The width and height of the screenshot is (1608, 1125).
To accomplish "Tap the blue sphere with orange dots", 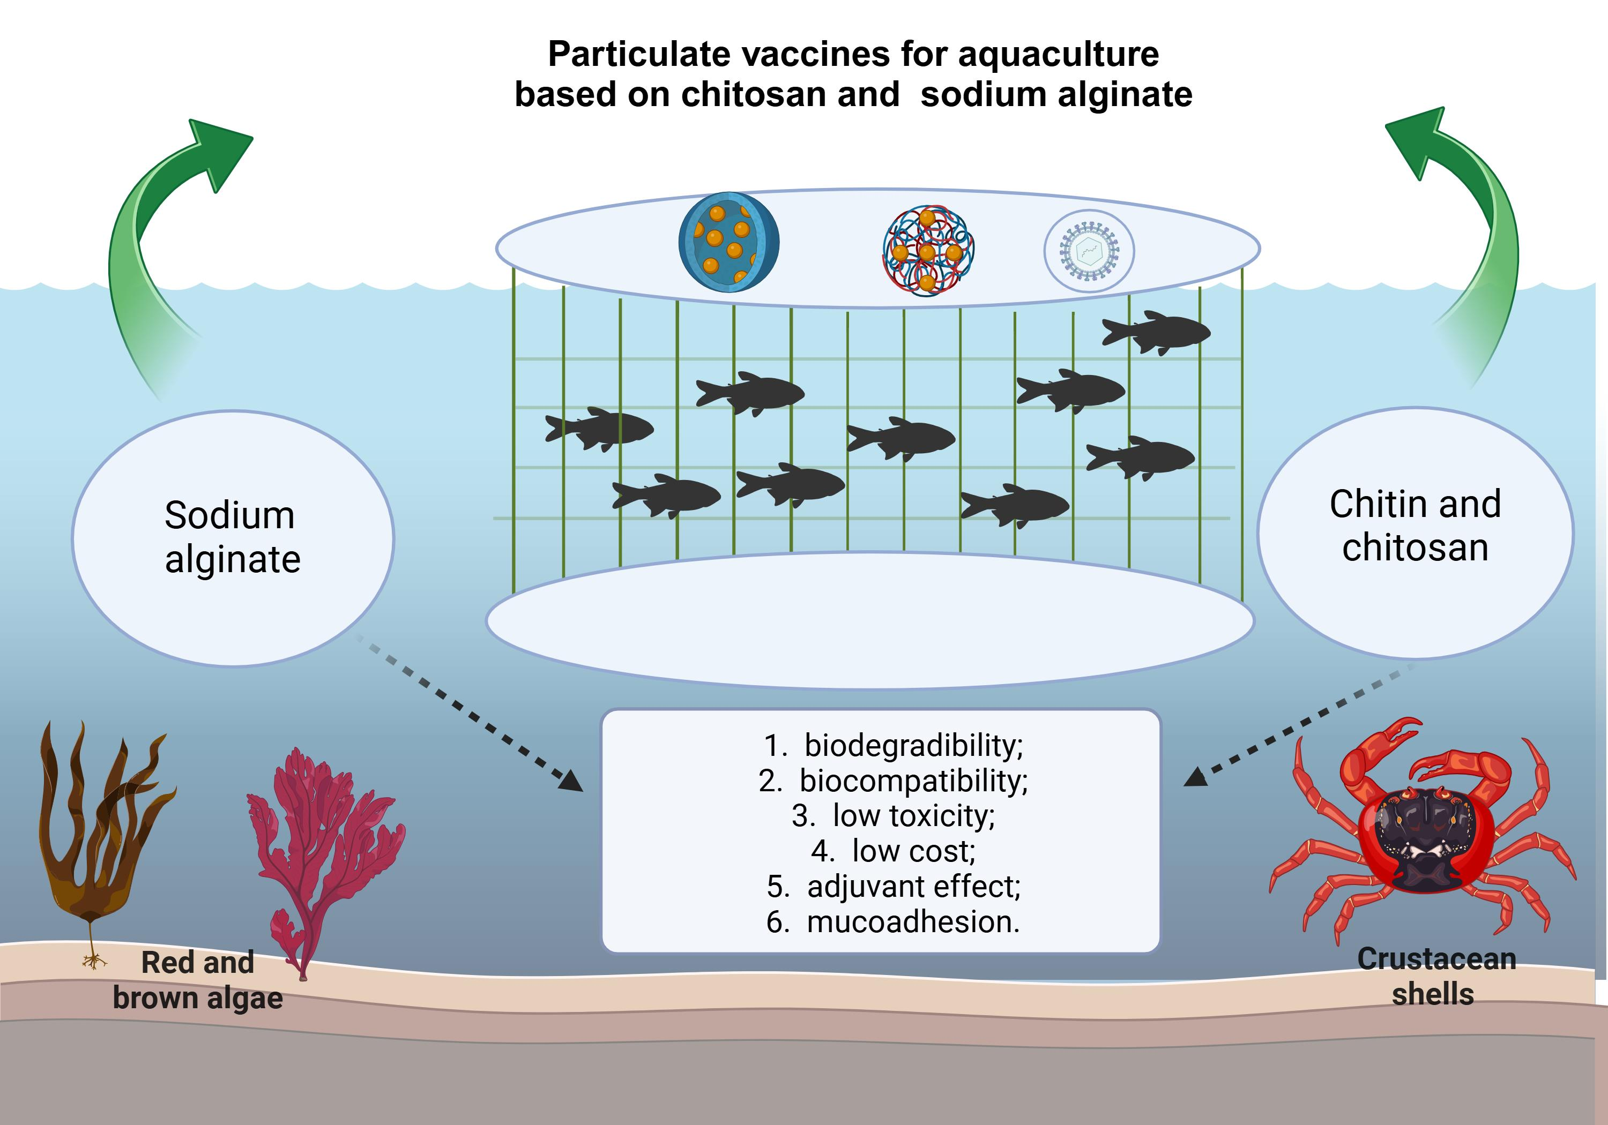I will (x=728, y=242).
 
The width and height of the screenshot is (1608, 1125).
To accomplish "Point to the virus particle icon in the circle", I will (x=1089, y=251).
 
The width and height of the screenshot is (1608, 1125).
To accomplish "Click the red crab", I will (x=1421, y=833).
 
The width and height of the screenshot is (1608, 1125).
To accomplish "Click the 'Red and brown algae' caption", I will (x=197, y=980).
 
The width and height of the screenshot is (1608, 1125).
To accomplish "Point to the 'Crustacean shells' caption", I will (x=1436, y=976).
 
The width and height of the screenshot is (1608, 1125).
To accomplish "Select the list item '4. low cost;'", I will (x=893, y=851).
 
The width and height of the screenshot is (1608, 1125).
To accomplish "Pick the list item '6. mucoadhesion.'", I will (x=893, y=921).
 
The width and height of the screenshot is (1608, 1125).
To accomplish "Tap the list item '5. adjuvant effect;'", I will (x=893, y=886).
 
